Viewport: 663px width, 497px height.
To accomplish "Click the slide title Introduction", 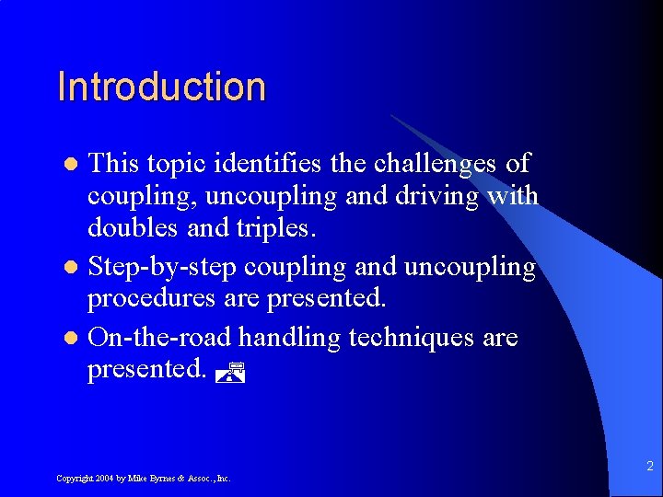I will (161, 87).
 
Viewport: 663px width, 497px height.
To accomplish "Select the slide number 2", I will (649, 467).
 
